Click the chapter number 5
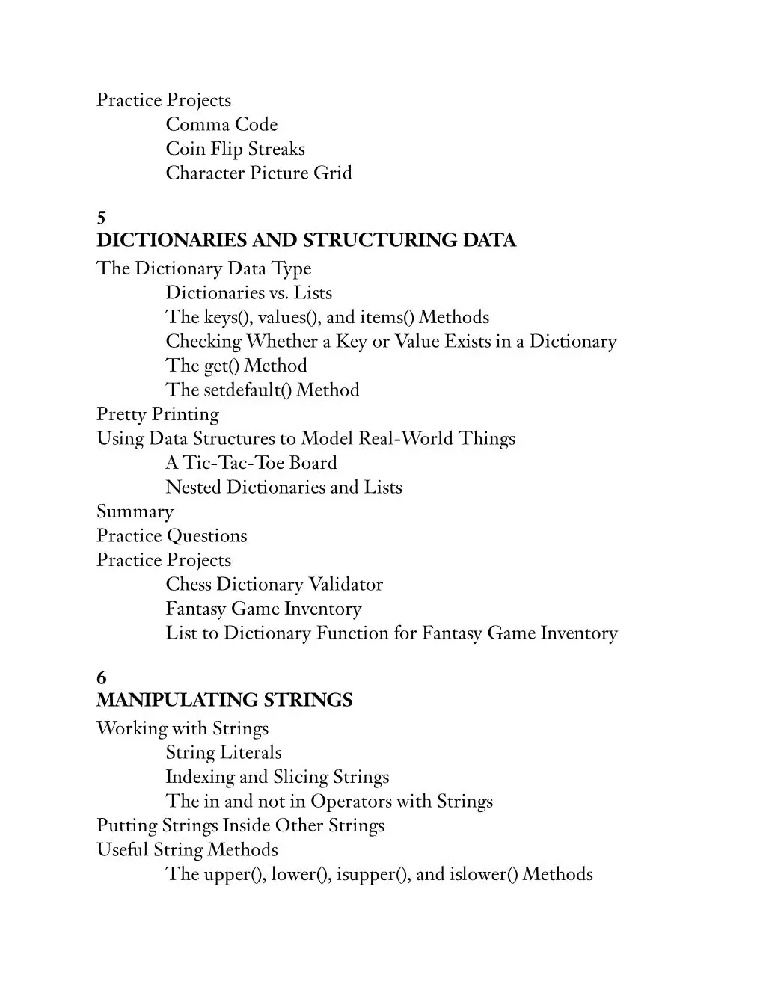102,218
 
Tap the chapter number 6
102,677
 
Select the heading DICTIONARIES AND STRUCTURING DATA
306,240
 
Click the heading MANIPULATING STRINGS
224,700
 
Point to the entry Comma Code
221,125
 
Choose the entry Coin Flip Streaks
235,149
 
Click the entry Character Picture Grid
258,173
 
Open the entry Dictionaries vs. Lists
248,293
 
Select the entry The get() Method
236,366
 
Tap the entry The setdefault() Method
262,390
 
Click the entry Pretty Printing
158,414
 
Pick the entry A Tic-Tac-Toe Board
251,463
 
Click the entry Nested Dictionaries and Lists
284,488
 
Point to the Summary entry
135,512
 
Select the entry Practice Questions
171,536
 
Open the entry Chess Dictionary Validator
274,585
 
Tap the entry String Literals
223,753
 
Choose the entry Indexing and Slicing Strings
277,777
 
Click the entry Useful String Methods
187,850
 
